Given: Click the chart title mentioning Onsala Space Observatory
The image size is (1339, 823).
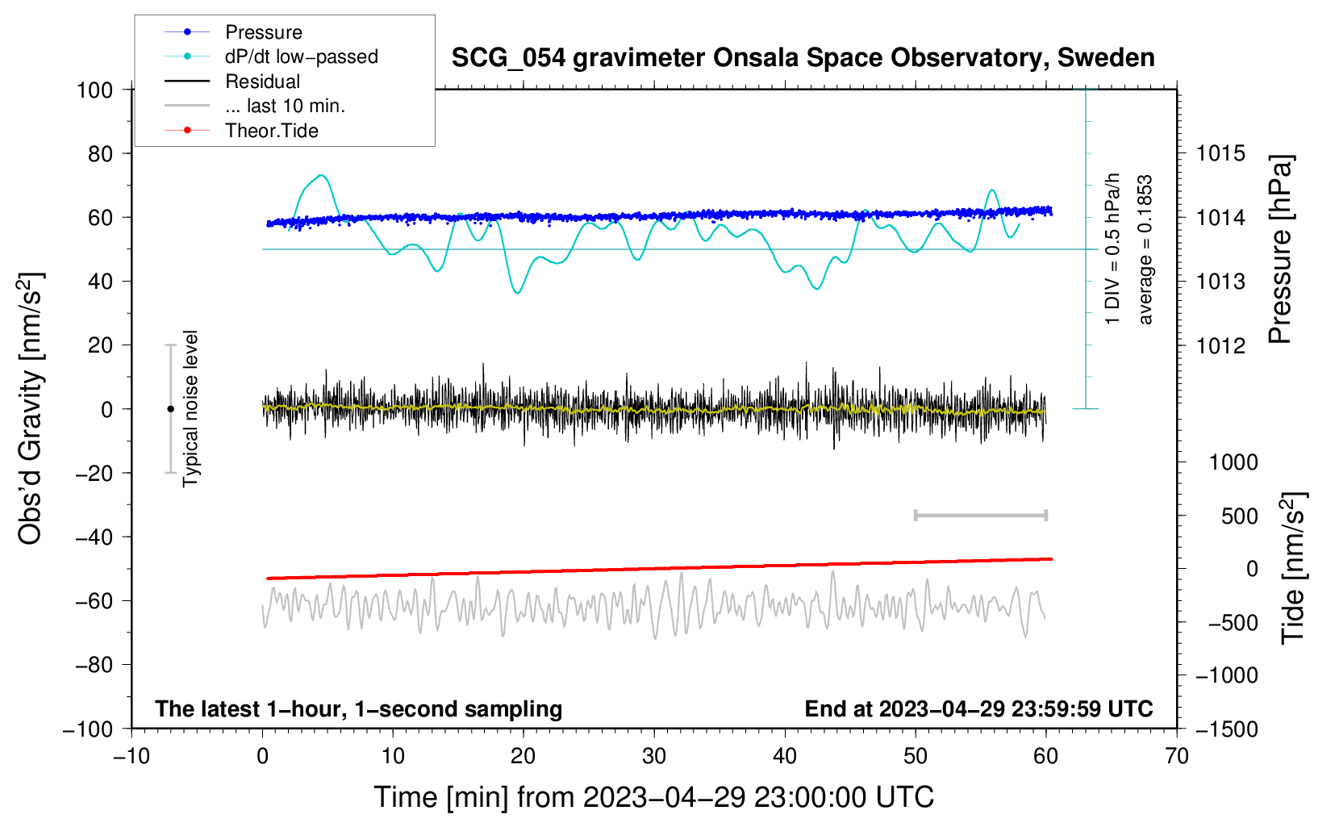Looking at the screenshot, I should click(803, 58).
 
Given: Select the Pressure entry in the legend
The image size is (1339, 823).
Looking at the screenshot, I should click(263, 32).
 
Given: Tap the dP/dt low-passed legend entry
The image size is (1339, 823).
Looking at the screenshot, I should click(301, 56).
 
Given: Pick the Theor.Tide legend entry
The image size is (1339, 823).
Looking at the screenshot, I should click(271, 131).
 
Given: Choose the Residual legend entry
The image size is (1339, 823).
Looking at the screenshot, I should click(262, 81).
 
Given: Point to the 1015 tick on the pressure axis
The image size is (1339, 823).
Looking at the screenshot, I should click(1220, 153).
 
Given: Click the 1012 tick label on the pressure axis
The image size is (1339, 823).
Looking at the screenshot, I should click(1220, 345).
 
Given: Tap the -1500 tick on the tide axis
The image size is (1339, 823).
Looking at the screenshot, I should click(1227, 729).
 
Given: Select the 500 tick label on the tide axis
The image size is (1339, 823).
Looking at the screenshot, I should click(1239, 516).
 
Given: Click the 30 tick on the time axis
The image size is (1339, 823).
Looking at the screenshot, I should click(654, 756).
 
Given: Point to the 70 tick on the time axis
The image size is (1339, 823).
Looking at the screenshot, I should click(1177, 756).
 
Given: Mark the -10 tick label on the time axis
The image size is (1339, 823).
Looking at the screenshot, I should click(131, 756).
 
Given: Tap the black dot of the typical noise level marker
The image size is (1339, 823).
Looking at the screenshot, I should click(170, 409).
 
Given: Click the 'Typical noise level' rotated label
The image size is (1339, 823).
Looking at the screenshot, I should click(190, 408).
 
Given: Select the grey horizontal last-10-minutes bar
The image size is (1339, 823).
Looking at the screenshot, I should click(980, 516).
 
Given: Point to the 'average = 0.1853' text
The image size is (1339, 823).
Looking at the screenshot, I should click(1145, 250).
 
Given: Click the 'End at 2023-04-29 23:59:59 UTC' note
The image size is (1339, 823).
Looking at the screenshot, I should click(978, 708).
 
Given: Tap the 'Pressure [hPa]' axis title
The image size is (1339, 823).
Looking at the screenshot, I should click(1280, 250).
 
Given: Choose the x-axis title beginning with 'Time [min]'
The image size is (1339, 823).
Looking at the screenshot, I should click(653, 797).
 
